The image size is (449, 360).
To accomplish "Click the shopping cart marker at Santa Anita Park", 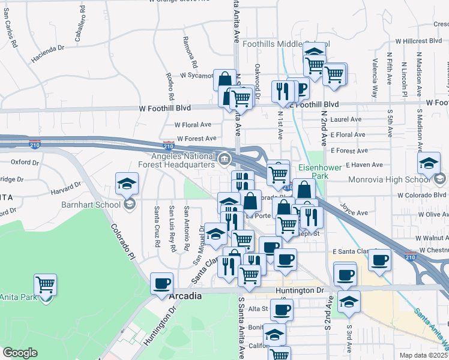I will pyautogui.click(x=46, y=284).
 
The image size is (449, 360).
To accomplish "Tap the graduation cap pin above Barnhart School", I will pyautogui.click(x=127, y=184).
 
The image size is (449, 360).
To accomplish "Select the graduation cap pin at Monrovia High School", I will pyautogui.click(x=429, y=164).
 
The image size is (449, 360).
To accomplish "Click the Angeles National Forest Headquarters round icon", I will pyautogui.click(x=224, y=159).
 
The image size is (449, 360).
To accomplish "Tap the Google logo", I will pyautogui.click(x=20, y=353).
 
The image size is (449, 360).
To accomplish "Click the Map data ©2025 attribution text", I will pyautogui.click(x=424, y=355).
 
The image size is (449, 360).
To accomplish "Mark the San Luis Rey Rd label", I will pyautogui.click(x=172, y=228).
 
